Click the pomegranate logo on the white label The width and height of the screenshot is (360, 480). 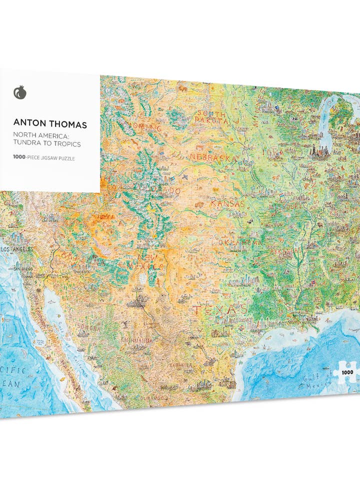(x=20, y=93)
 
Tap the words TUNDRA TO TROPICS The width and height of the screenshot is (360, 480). (x=47, y=144)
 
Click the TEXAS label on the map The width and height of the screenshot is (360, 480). (x=220, y=310)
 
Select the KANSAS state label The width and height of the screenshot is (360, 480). (x=227, y=204)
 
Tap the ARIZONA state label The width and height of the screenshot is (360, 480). (x=83, y=259)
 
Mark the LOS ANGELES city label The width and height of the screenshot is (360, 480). (x=17, y=248)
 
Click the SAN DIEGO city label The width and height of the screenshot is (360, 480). (x=23, y=268)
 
